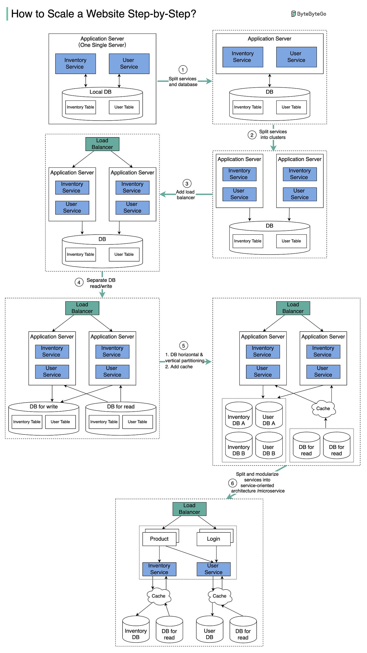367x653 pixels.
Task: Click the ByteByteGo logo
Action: pos(308,14)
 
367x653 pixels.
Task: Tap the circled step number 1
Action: pos(183,69)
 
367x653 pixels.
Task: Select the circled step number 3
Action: pos(187,184)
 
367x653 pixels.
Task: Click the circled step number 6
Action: pos(232,483)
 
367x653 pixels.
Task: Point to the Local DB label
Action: pos(101,92)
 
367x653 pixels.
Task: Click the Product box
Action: pos(159,539)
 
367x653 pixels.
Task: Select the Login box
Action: pos(213,539)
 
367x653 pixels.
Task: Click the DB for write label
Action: pos(44,407)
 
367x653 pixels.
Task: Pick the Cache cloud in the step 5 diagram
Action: pos(323,408)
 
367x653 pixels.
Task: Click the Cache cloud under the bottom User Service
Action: pos(220,596)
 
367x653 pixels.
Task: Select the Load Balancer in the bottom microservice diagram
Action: pos(189,509)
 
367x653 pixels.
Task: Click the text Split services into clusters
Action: pos(273,134)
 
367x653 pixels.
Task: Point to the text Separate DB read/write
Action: pos(101,283)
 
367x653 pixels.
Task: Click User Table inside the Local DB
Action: pos(124,107)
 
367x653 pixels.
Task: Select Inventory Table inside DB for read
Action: pos(104,422)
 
